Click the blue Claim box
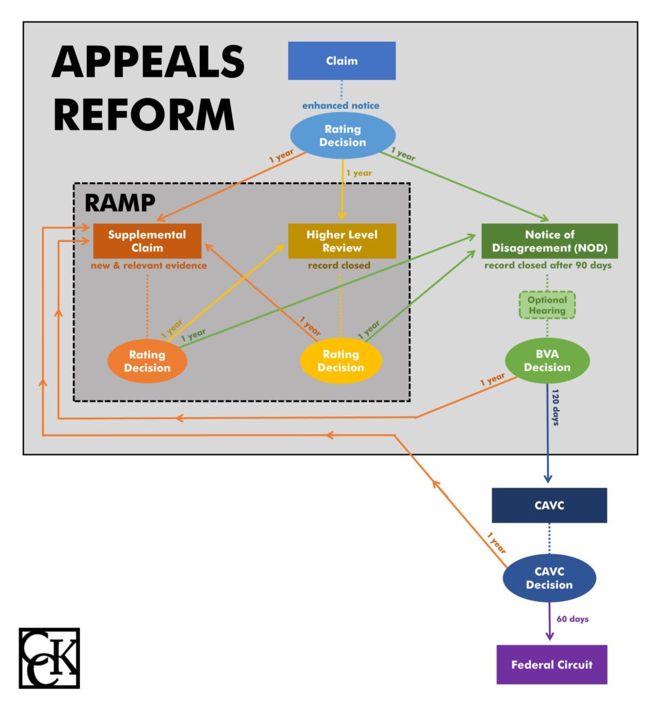[341, 61]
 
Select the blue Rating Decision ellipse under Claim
[342, 136]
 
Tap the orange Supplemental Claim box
[147, 241]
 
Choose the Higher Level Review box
[342, 241]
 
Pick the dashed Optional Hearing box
[547, 305]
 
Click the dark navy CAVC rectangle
[549, 505]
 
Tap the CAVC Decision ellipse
[549, 578]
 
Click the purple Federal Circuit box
[551, 665]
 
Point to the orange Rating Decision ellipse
[148, 361]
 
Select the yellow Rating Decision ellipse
[341, 361]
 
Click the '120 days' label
[556, 407]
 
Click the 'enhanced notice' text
[341, 105]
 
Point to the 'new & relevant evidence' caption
[148, 265]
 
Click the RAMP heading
[119, 203]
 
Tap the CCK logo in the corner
[49, 658]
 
